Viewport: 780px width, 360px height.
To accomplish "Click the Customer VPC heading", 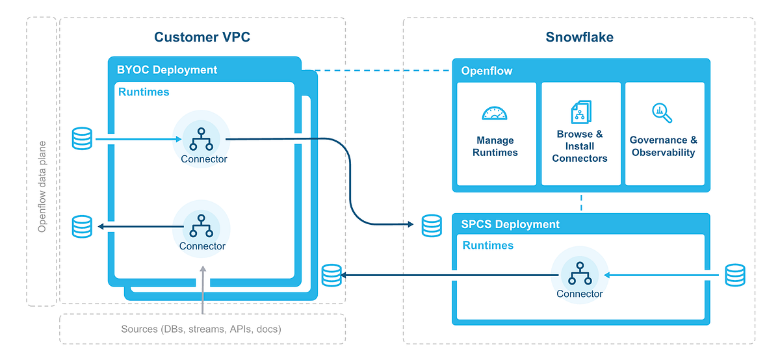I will (202, 37).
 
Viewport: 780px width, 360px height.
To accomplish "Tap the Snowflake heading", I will (579, 37).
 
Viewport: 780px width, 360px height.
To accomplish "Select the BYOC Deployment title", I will (167, 70).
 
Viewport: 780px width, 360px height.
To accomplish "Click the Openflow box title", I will (487, 71).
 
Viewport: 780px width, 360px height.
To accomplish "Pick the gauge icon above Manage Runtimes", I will (495, 114).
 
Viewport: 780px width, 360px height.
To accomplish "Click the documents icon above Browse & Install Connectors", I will (580, 112).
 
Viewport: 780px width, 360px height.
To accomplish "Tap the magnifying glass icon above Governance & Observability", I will (662, 113).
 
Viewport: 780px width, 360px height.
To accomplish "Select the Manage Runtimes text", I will (495, 146).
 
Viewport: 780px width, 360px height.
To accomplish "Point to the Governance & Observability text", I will (664, 146).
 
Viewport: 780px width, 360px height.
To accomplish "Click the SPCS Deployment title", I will (510, 224).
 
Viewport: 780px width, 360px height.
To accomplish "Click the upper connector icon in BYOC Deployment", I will (203, 138).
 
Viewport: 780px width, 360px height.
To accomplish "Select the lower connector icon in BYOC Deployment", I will (201, 225).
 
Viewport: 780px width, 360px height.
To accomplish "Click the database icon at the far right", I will (735, 275).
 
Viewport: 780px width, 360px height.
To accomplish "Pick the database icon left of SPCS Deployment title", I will (432, 225).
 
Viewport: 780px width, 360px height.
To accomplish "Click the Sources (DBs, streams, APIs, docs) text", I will (201, 329).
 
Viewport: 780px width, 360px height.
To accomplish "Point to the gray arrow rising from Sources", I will (203, 289).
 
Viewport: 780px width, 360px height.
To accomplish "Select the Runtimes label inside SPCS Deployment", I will (487, 246).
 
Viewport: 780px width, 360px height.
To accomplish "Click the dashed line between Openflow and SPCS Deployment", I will (581, 202).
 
